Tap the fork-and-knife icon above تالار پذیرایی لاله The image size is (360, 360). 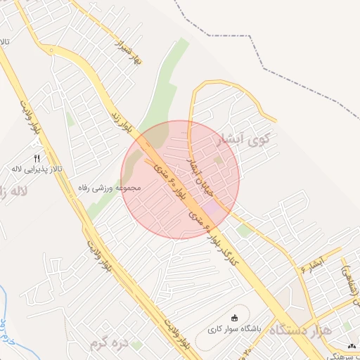click(37, 158)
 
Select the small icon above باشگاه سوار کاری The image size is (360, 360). click(234, 317)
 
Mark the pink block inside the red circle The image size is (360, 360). click(211, 208)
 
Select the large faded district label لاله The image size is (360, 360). click(14, 191)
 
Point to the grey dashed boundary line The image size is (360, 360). click(267, 70)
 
